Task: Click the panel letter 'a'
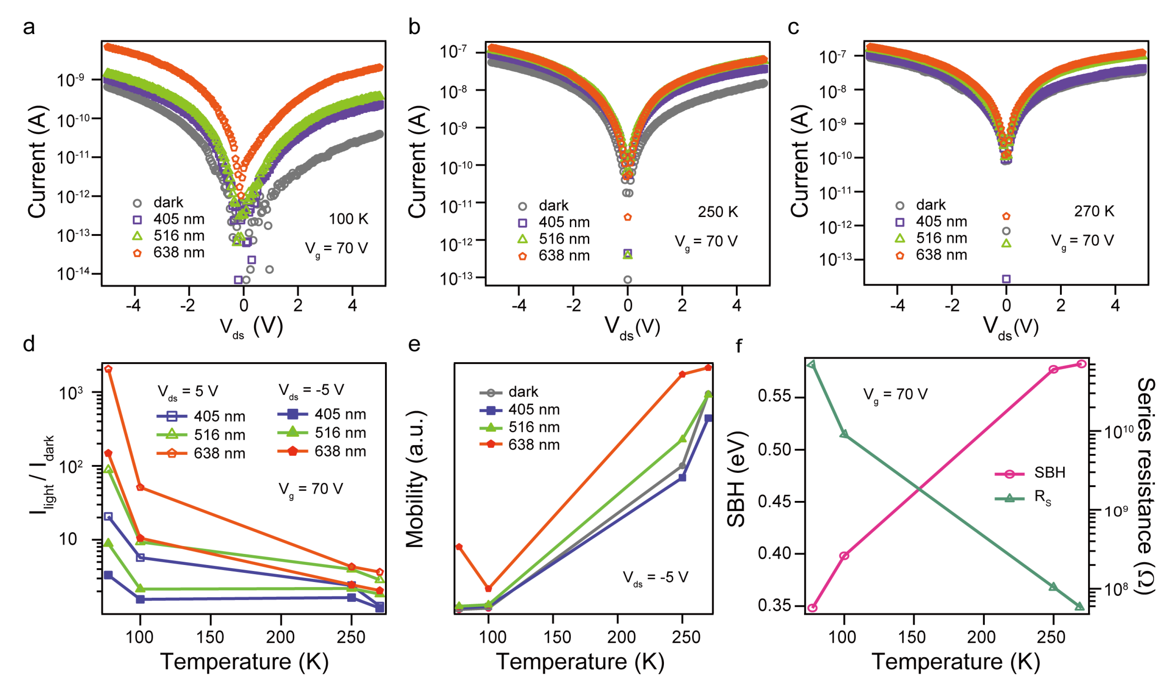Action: click(28, 27)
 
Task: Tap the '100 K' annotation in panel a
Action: click(348, 219)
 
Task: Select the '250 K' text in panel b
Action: click(718, 212)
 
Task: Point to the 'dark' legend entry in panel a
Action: click(168, 203)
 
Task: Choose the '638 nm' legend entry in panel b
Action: click(564, 256)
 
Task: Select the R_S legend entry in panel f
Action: click(1042, 498)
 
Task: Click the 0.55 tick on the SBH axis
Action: click(774, 396)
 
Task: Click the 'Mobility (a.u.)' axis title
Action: click(415, 479)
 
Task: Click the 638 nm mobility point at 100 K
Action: click(488, 589)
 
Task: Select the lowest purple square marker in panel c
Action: click(1006, 279)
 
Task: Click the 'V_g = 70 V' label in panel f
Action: click(895, 395)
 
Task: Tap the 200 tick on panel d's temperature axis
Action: click(280, 637)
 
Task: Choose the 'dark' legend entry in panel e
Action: click(523, 392)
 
